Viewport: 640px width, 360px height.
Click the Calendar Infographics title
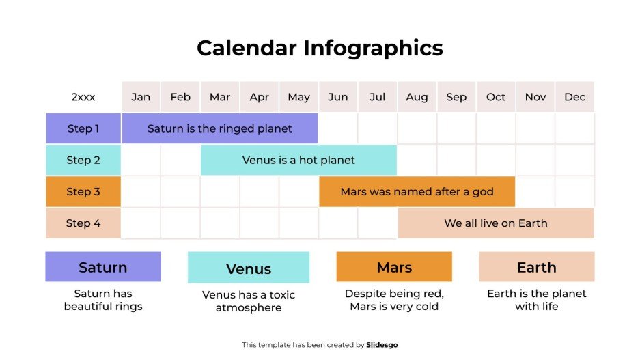(320, 48)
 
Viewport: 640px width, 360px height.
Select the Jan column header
(141, 97)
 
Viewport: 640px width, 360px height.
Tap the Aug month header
(417, 97)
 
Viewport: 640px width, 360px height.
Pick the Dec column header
(574, 97)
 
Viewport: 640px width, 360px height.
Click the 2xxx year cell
(83, 97)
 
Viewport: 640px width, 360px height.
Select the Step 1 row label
(83, 128)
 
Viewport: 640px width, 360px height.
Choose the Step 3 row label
(83, 191)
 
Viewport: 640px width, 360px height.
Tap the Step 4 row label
(83, 223)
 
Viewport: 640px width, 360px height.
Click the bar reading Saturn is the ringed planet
(219, 128)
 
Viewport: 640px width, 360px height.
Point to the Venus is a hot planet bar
(298, 160)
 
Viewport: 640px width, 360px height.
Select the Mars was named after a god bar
(417, 191)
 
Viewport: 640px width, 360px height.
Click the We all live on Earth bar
(496, 223)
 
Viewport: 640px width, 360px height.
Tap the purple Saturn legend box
(103, 267)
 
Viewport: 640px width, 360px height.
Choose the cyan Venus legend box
(249, 268)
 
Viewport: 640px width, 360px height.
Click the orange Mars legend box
(394, 267)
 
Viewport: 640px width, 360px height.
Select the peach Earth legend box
(536, 267)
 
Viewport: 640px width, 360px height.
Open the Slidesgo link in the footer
(382, 345)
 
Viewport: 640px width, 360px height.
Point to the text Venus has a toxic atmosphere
(249, 301)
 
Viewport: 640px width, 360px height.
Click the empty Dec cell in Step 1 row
(574, 128)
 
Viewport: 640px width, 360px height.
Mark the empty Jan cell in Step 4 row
(141, 223)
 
